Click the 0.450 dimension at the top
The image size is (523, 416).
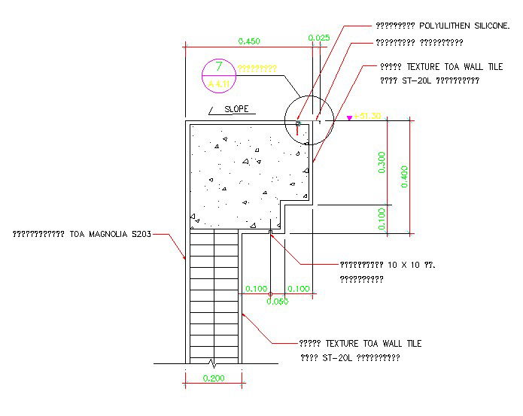pyautogui.click(x=249, y=41)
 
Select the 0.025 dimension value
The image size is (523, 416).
pyautogui.click(x=319, y=37)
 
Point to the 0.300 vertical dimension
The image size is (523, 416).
pyautogui.click(x=382, y=162)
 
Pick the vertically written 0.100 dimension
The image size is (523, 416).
pyautogui.click(x=382, y=219)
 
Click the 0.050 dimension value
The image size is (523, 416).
pyautogui.click(x=278, y=302)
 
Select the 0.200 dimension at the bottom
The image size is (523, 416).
pyautogui.click(x=214, y=378)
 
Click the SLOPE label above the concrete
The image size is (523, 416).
pyautogui.click(x=236, y=109)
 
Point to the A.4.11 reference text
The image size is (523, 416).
pyautogui.click(x=218, y=83)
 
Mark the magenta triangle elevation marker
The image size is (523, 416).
pyautogui.click(x=349, y=118)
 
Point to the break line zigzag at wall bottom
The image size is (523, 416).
pyautogui.click(x=214, y=363)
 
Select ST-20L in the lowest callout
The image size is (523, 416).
pyautogui.click(x=326, y=357)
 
